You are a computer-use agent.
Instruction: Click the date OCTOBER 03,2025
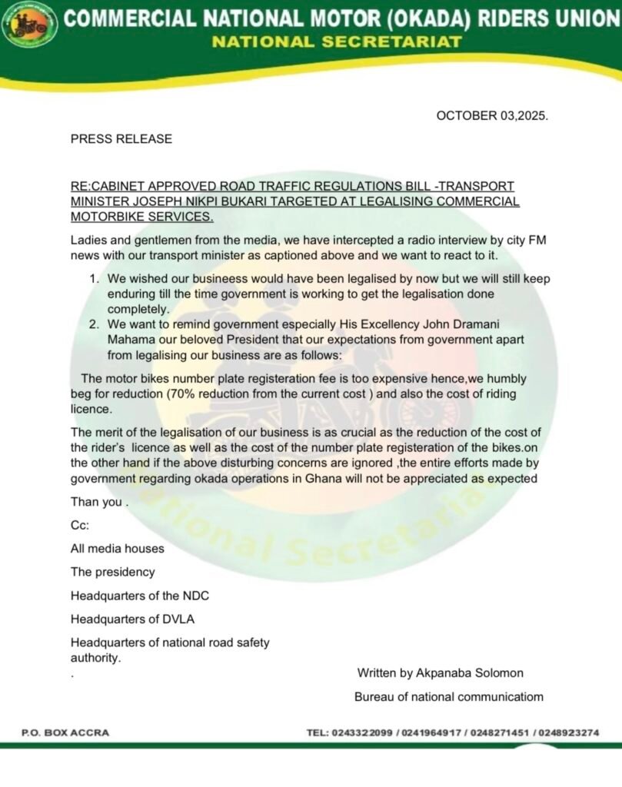point(492,115)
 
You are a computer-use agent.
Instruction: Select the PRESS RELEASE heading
point(121,139)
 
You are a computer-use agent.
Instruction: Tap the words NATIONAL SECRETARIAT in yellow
point(337,42)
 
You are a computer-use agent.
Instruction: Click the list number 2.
point(92,324)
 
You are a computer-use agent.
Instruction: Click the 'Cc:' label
point(80,526)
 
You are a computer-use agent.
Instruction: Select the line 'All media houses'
point(118,549)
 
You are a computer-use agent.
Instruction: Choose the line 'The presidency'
point(112,572)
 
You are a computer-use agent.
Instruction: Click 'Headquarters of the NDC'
point(140,596)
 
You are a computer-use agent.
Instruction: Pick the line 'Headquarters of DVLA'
point(137,619)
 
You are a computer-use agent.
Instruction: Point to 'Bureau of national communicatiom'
point(448,697)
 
